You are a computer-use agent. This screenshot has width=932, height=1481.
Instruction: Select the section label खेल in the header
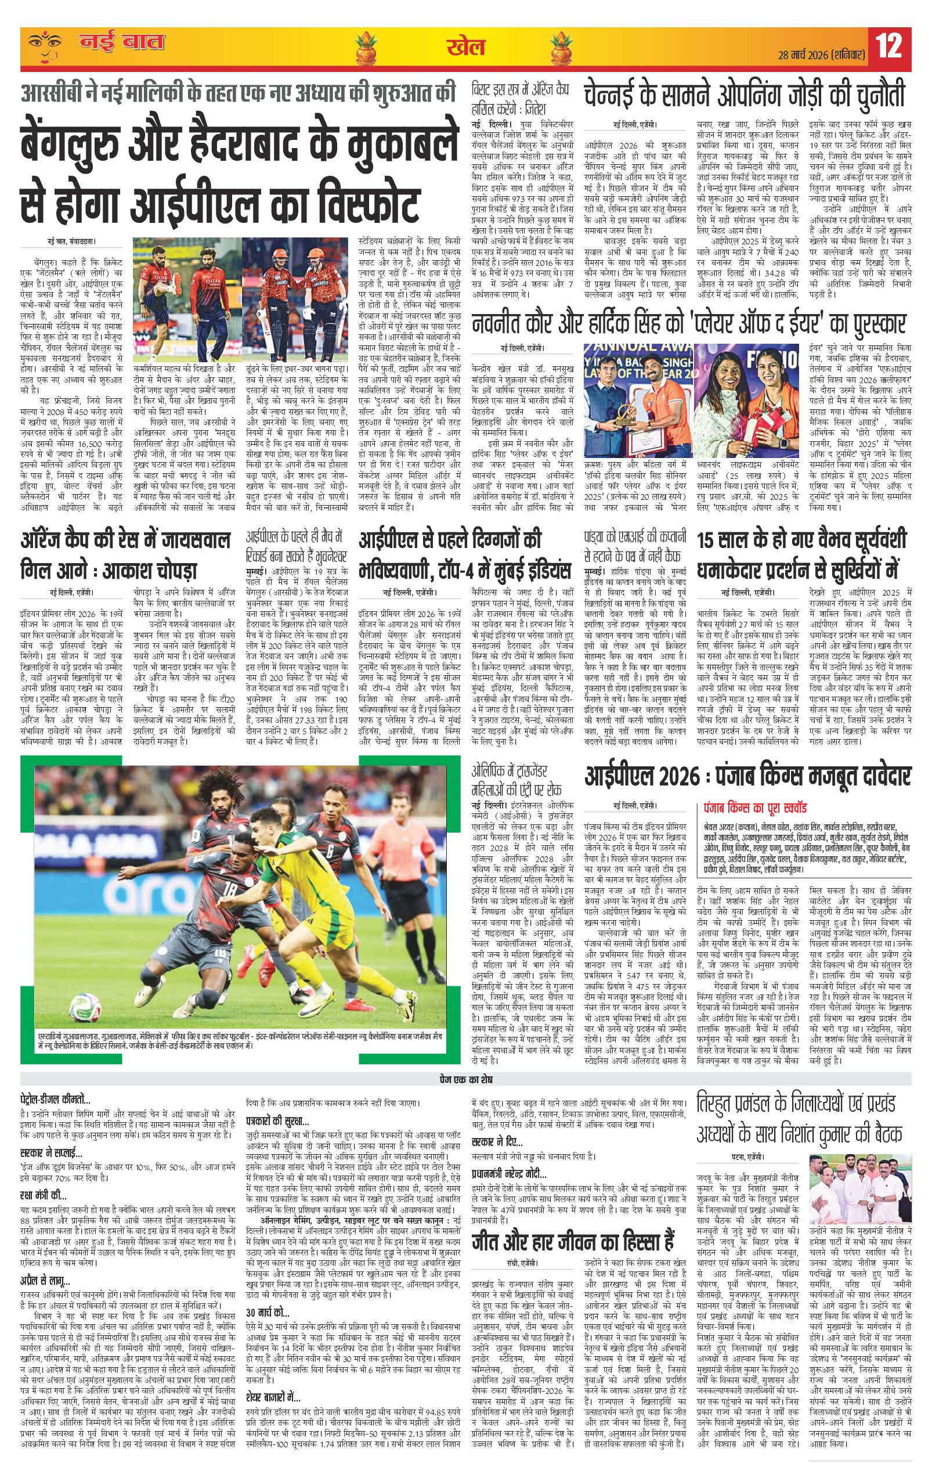(465, 47)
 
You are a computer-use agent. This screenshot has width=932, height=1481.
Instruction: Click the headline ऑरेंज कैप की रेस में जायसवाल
(126, 541)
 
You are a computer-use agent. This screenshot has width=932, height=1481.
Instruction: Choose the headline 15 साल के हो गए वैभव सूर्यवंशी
(802, 541)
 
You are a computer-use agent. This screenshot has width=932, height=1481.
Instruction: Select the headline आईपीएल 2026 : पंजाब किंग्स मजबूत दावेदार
(747, 776)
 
